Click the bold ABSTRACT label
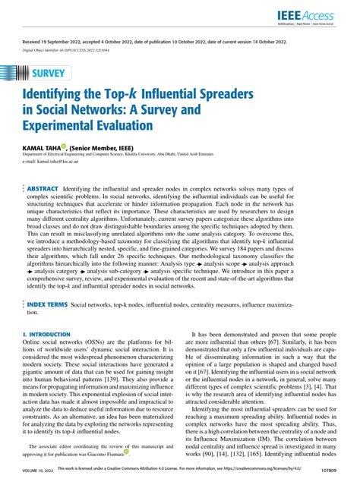[x=44, y=187]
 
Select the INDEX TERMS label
[x=48, y=304]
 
